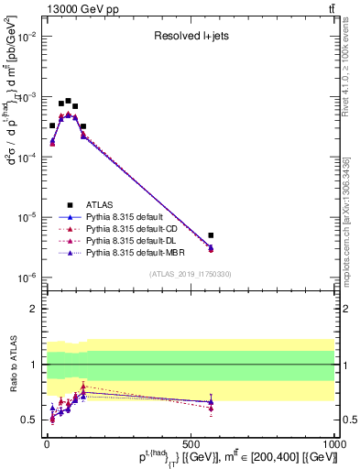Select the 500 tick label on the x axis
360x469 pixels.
coord(191,443)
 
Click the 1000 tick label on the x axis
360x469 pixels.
coord(334,443)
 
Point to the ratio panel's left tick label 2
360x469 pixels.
coord(33,309)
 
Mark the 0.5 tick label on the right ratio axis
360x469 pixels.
coord(348,420)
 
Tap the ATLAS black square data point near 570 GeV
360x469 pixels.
coord(211,235)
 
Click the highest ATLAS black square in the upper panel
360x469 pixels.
coord(68,101)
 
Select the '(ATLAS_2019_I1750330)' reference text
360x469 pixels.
coord(189,274)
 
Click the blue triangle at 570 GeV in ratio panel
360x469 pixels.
coord(211,401)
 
